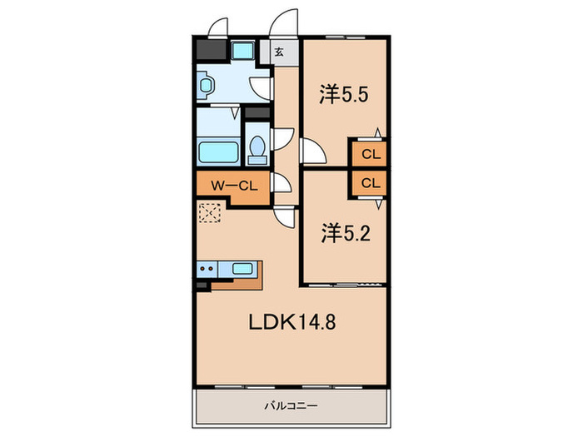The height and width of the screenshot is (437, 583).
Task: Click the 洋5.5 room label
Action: pos(343,94)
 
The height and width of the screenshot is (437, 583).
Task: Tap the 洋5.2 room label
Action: pos(346,234)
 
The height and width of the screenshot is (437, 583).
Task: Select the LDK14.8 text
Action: pos(291,322)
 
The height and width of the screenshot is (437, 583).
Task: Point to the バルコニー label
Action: pos(291,406)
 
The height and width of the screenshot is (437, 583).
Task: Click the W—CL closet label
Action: pos(234,186)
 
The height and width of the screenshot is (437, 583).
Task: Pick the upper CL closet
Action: pos(371,154)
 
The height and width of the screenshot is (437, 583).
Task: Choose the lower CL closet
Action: pos(371,183)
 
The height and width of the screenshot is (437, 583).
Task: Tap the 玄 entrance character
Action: pos(279,52)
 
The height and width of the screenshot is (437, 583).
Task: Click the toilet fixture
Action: pos(257,150)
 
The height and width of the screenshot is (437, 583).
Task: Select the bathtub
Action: pos(218,152)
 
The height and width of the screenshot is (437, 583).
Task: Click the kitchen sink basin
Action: pos(243,268)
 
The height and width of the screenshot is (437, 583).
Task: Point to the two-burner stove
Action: pos(207,268)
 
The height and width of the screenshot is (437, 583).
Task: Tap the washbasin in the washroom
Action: pos(206,86)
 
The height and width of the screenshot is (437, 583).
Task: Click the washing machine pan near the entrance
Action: pos(242,51)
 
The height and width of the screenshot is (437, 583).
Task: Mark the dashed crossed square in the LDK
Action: pos(210,213)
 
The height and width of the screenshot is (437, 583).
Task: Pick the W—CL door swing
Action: pos(283,183)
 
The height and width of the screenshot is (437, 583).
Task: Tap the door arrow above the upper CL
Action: pos(378,132)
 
